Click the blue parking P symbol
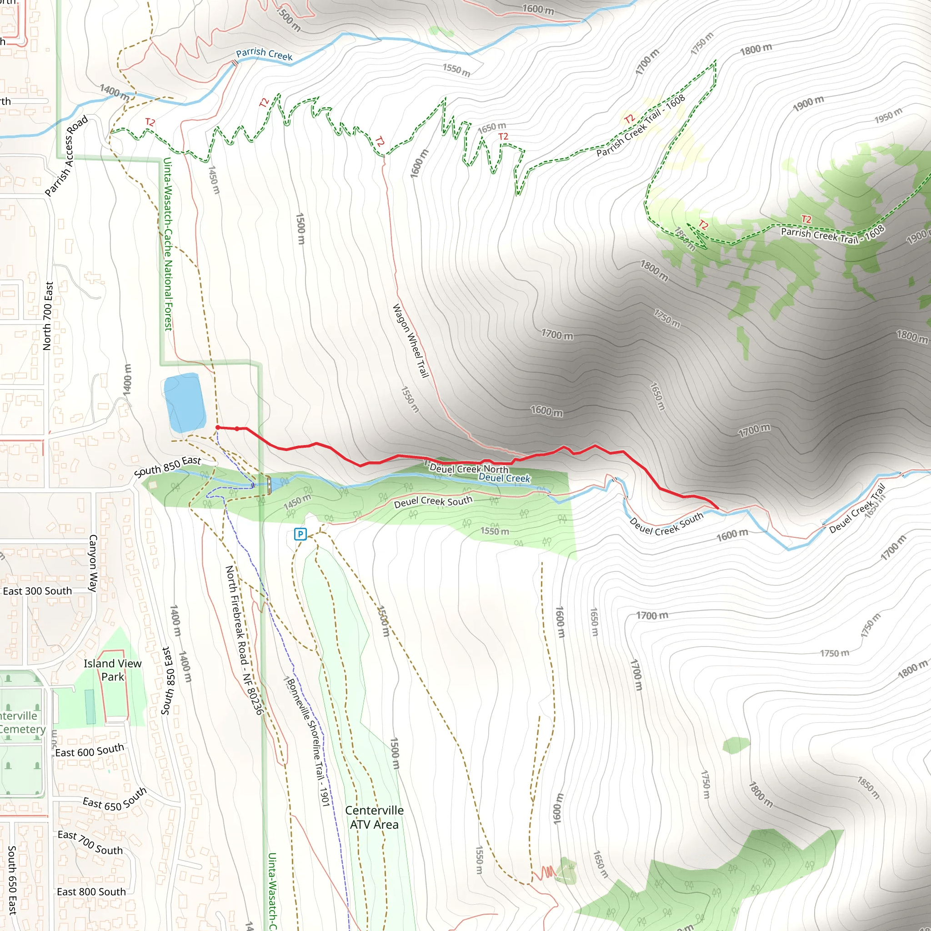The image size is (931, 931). (x=300, y=534)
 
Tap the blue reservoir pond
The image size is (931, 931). (x=185, y=403)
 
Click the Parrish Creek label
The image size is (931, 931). (x=264, y=54)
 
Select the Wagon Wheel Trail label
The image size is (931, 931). (x=410, y=340)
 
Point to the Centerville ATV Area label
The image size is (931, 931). (x=375, y=817)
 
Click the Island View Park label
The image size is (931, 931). (x=113, y=670)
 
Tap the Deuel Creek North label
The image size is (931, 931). (x=468, y=468)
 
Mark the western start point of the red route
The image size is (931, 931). (x=218, y=427)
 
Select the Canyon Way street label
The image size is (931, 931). (x=93, y=563)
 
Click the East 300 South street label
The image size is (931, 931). (x=37, y=591)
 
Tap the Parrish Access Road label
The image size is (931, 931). (x=66, y=155)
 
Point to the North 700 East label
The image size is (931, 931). (x=48, y=316)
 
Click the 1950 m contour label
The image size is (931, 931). (x=888, y=115)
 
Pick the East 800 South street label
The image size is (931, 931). (x=91, y=892)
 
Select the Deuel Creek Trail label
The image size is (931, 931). (x=857, y=509)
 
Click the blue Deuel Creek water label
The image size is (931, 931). (x=504, y=478)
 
